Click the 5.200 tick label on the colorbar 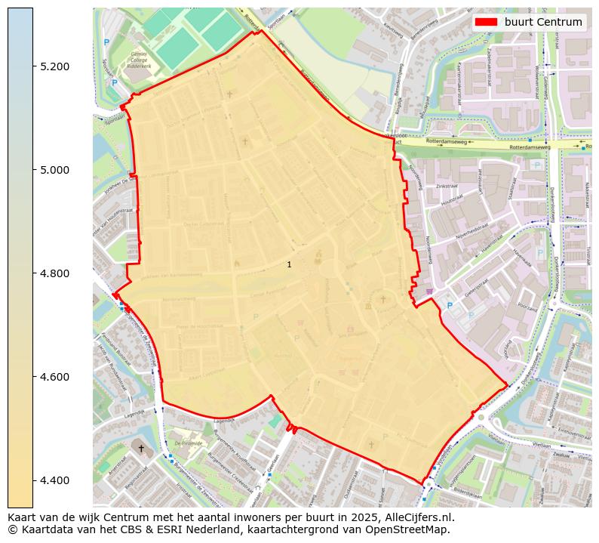click(54, 66)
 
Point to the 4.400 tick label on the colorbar click(54, 480)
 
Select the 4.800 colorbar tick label click(54, 273)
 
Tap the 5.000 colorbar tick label click(54, 170)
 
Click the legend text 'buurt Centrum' click(543, 23)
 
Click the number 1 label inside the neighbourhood click(289, 264)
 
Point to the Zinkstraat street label click(447, 186)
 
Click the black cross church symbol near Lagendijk click(140, 448)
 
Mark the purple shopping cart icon click(429, 292)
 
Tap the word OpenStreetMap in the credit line click(411, 529)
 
